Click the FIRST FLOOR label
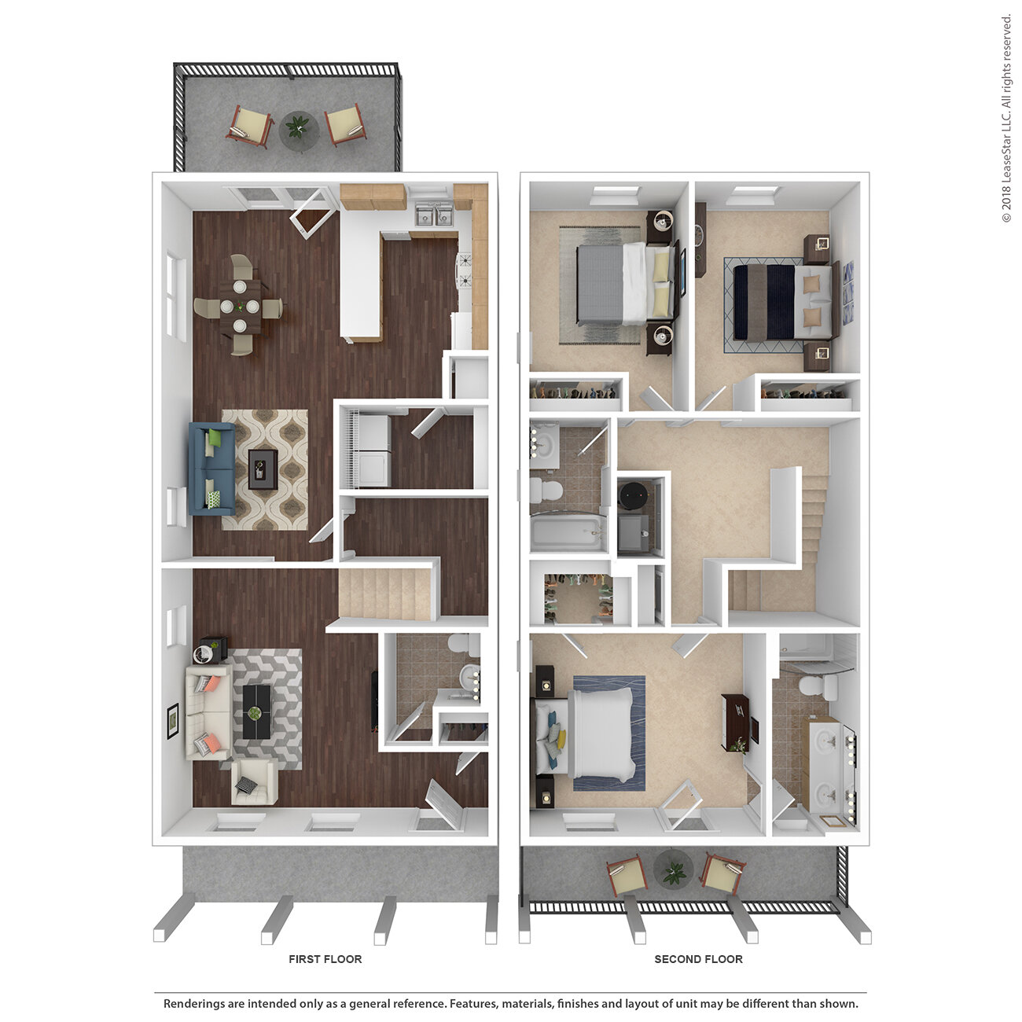(325, 959)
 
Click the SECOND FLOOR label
(698, 959)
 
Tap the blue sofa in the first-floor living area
(211, 469)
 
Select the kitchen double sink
(433, 215)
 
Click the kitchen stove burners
(465, 270)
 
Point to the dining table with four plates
(240, 307)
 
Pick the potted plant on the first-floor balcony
(298, 127)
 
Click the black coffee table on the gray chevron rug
(257, 711)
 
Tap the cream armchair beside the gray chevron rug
(254, 781)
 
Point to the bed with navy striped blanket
(783, 302)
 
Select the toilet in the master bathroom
(816, 687)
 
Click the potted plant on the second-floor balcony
(674, 872)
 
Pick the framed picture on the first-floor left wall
(172, 720)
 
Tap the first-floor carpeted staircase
(384, 593)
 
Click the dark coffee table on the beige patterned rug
(263, 469)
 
